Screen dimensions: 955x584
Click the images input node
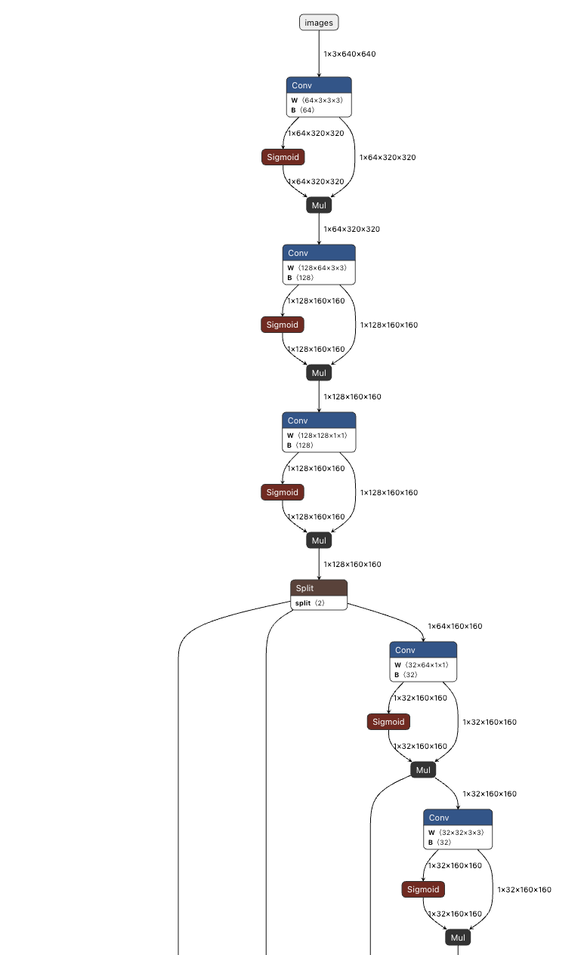pos(319,23)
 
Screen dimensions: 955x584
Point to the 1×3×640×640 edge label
pos(349,54)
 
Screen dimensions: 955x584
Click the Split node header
pos(319,588)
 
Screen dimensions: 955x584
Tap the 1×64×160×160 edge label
pos(455,626)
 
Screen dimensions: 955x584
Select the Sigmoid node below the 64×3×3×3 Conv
pos(283,157)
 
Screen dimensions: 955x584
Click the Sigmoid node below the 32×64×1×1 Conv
pos(388,722)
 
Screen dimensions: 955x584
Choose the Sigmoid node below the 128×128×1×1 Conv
pos(283,492)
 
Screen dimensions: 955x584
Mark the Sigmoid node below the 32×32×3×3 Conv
pos(423,889)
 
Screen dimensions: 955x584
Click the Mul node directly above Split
pos(319,540)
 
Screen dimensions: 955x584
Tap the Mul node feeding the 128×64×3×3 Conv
pos(319,205)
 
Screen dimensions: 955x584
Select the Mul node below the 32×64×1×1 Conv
pos(423,770)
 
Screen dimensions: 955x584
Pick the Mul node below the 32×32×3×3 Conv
pos(458,938)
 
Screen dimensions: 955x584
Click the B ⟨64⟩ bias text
pos(303,110)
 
